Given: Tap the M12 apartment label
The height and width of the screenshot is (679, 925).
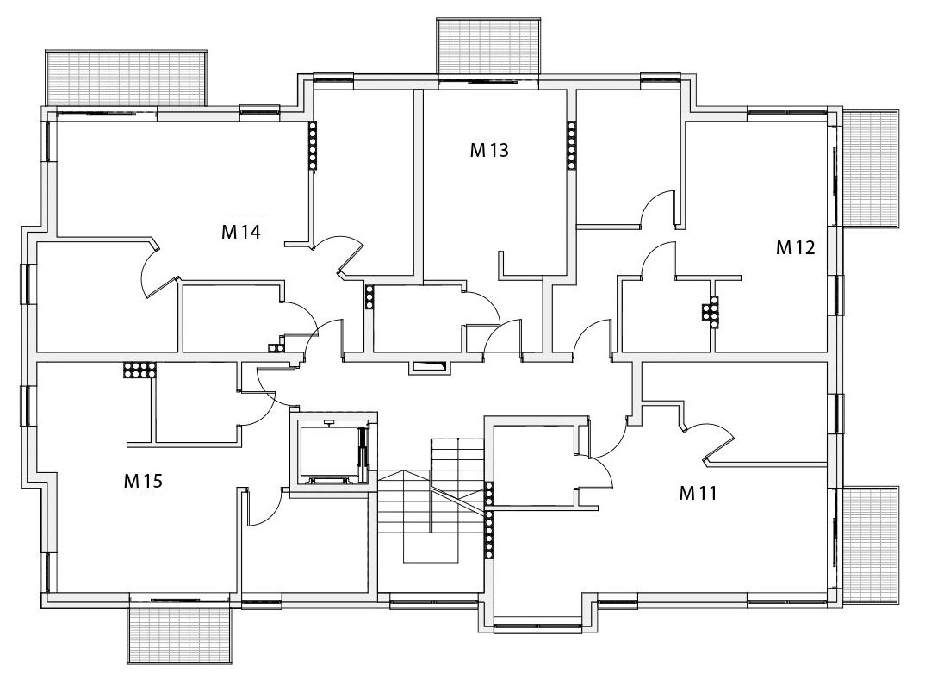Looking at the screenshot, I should coord(795,248).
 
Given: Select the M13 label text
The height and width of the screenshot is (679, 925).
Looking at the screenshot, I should coord(488,150).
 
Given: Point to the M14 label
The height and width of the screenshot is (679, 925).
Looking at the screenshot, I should coord(241,232).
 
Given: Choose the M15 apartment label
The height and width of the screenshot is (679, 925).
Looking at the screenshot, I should coord(143,481).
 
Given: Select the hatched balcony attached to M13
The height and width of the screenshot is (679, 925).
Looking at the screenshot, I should coord(489,47).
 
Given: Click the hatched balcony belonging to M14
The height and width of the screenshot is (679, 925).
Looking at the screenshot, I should coord(126,78).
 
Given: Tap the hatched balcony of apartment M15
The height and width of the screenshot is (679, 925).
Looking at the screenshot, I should coord(179,634).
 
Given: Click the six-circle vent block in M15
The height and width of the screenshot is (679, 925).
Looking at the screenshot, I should coord(139,371).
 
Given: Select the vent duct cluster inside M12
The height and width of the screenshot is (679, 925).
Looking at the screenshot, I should coord(712,311).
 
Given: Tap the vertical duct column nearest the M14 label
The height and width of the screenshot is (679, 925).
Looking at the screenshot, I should coord(313,144).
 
